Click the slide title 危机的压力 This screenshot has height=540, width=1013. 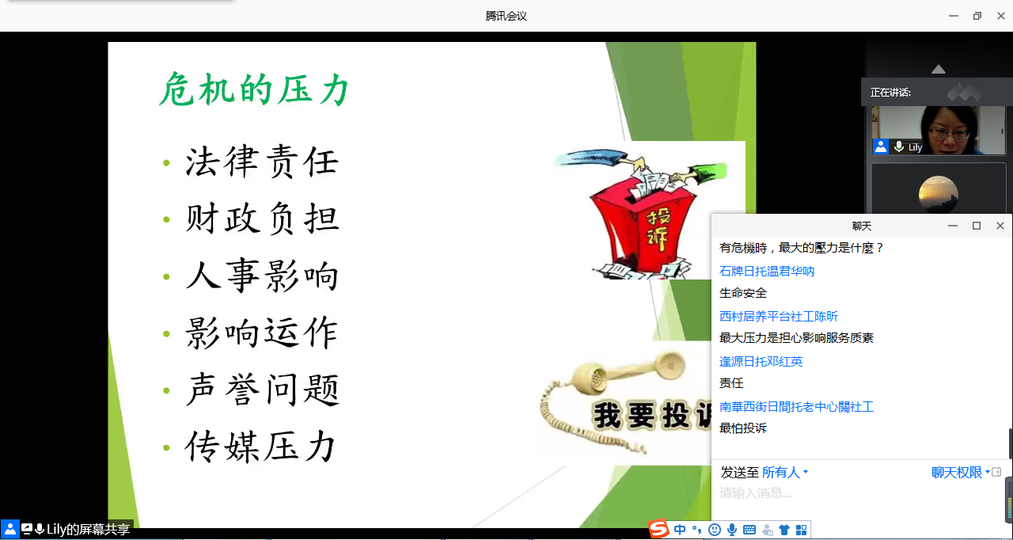[x=255, y=89]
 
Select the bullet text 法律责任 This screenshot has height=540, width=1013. [x=262, y=162]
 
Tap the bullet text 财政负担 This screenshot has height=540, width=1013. [x=262, y=219]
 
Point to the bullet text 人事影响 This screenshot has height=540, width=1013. [x=262, y=276]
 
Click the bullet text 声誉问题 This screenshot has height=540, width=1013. [x=262, y=390]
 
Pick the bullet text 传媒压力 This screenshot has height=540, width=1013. [x=260, y=447]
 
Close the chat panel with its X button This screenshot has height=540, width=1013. [x=1000, y=226]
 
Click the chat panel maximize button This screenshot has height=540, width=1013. [x=977, y=226]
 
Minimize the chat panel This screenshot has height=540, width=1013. [x=953, y=226]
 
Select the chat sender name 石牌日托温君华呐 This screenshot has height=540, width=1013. [x=767, y=271]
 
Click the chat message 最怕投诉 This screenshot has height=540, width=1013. [x=743, y=428]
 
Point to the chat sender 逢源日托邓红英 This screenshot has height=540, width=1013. [x=761, y=361]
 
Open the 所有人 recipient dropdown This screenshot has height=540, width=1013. [x=784, y=473]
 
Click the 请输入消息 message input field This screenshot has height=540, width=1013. [x=859, y=493]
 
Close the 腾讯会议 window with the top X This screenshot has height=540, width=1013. [x=1001, y=16]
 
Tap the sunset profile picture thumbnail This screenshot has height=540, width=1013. [x=939, y=194]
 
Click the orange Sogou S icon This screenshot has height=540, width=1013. [x=658, y=529]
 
